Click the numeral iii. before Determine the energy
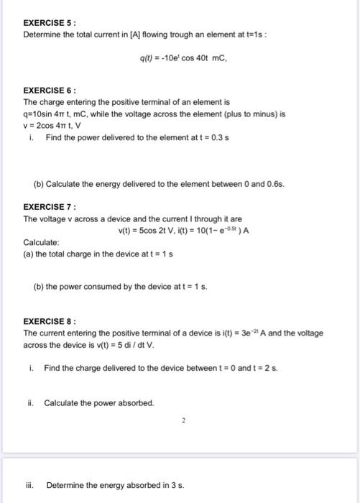pos(31,485)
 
